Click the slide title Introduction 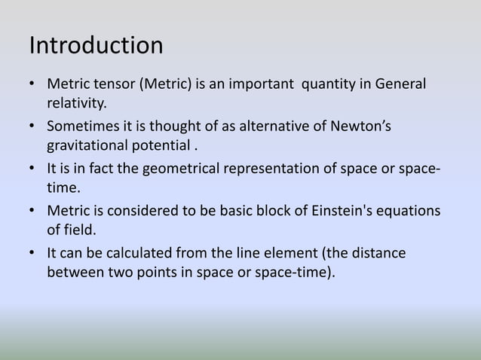96,45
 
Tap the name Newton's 361,124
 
